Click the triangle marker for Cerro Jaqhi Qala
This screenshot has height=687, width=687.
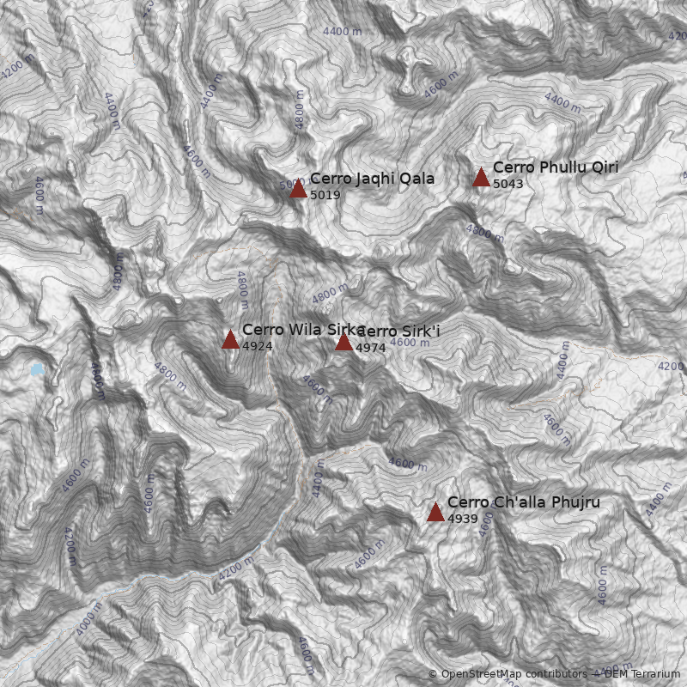click(x=298, y=189)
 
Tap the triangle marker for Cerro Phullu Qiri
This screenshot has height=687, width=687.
click(x=481, y=178)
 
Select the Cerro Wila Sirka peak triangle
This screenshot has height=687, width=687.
click(x=230, y=340)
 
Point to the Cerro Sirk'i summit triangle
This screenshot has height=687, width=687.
click(x=343, y=342)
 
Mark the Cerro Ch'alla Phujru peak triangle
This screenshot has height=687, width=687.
click(x=435, y=513)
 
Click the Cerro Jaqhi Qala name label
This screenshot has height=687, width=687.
click(x=372, y=179)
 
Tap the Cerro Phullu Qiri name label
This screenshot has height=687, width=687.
click(x=556, y=167)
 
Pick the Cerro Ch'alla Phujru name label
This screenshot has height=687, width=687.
click(x=523, y=502)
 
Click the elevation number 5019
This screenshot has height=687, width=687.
click(x=325, y=195)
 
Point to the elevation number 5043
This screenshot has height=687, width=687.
click(x=508, y=184)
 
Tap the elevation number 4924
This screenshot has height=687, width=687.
click(x=258, y=346)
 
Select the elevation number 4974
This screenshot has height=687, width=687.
click(x=371, y=348)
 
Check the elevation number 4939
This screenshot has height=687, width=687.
click(x=463, y=519)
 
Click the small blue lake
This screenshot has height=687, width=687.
click(x=36, y=370)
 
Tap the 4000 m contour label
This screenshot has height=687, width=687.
click(x=88, y=619)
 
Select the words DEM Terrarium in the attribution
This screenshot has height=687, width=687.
click(x=642, y=674)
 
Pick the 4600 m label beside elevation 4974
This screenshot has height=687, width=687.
click(x=410, y=343)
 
